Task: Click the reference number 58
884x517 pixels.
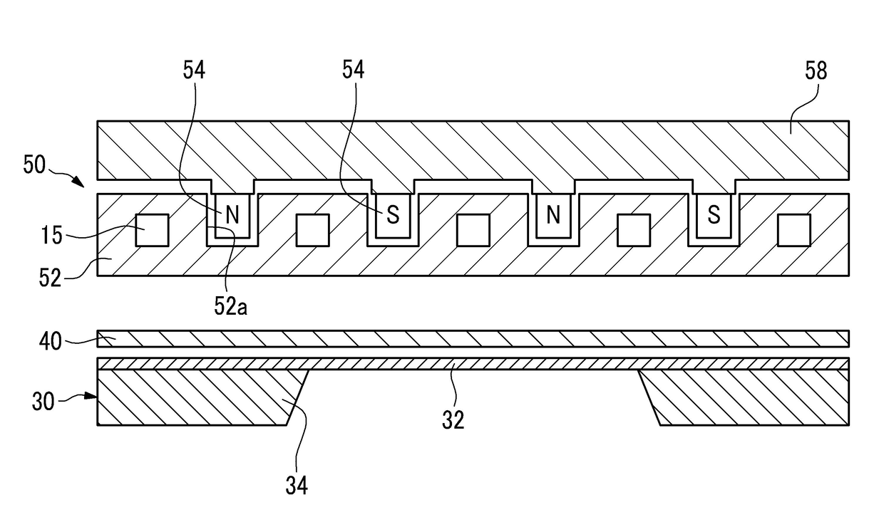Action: coord(816,71)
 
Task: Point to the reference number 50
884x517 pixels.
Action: coord(34,165)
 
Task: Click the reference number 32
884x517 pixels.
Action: coord(453,419)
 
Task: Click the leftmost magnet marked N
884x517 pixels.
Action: coord(232,216)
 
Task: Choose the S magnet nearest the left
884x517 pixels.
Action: coord(392,216)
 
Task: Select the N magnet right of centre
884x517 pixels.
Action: coord(553,216)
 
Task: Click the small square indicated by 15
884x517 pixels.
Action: coord(152,231)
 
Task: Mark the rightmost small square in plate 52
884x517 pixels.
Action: coord(794,231)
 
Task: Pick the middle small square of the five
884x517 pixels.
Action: coord(473,231)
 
